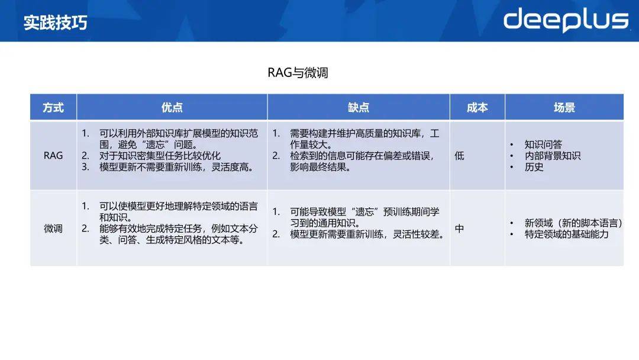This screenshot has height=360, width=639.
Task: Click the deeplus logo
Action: tap(566, 20)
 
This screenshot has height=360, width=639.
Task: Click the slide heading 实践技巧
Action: tap(56, 22)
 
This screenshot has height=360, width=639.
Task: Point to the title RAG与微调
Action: tap(298, 73)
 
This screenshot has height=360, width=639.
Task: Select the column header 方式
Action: tap(53, 108)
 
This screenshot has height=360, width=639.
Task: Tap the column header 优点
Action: tap(172, 108)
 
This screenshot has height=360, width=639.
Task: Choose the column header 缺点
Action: tap(359, 108)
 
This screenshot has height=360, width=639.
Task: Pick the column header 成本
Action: tap(477, 108)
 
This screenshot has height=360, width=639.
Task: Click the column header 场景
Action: tap(564, 108)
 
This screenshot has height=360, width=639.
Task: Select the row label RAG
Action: tap(53, 156)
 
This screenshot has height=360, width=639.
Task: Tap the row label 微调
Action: tap(53, 229)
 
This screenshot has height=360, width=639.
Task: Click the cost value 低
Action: tap(459, 156)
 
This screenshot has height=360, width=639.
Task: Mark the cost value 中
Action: tap(459, 229)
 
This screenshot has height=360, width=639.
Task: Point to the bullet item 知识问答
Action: tap(543, 144)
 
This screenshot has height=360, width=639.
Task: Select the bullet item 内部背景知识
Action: tap(553, 156)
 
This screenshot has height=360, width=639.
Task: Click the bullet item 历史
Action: tap(534, 167)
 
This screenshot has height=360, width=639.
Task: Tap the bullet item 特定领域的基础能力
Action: tap(566, 234)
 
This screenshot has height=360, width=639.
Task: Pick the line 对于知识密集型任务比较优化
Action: tap(160, 156)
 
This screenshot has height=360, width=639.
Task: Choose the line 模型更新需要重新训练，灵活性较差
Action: tap(367, 234)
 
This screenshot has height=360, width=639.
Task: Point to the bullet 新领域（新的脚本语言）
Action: tap(573, 223)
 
